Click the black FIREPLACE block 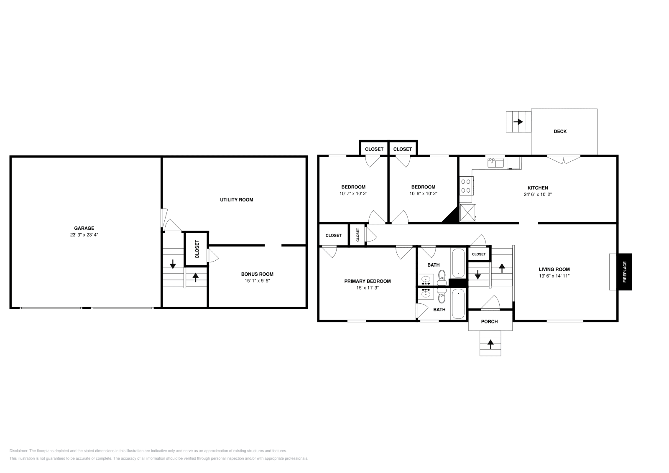[x=625, y=272]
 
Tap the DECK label [x=560, y=131]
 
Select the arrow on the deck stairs [x=518, y=122]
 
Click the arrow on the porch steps [x=490, y=344]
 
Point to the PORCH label [x=489, y=321]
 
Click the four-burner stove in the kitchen [x=466, y=186]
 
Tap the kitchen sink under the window [x=496, y=162]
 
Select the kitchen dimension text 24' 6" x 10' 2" [x=537, y=194]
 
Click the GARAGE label [x=84, y=228]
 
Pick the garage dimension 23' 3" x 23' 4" [x=84, y=235]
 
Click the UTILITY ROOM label [x=237, y=200]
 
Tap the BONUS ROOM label [x=257, y=274]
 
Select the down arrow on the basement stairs [x=173, y=264]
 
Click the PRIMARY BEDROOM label [x=367, y=281]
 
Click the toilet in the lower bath [x=442, y=298]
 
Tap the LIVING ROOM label [x=554, y=269]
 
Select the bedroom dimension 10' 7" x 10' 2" [x=353, y=193]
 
